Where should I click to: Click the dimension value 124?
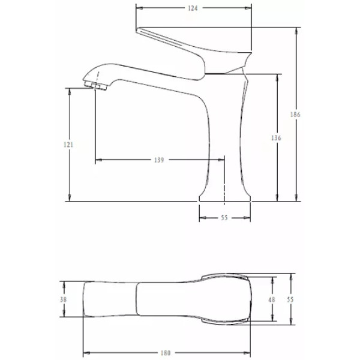click(192, 8)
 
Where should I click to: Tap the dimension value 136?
click(277, 138)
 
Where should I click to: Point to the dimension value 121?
click(69, 145)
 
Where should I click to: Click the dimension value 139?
click(159, 160)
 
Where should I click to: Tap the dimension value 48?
click(271, 299)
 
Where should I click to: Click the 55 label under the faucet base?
click(224, 218)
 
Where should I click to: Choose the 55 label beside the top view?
click(291, 299)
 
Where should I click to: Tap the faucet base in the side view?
click(224, 195)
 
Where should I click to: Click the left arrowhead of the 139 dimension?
click(98, 160)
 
